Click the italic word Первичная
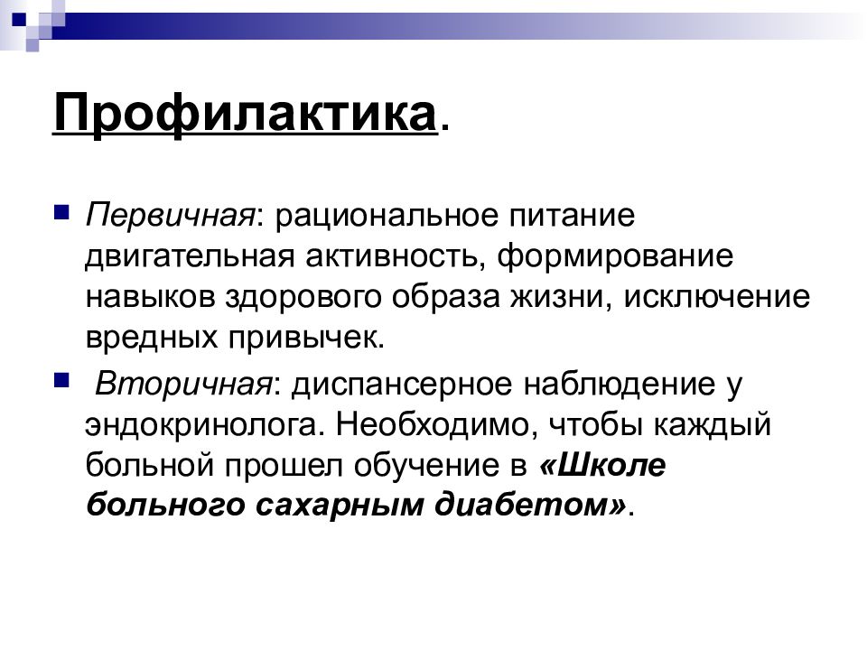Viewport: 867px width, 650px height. coord(169,217)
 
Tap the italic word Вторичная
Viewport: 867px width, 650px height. coord(184,385)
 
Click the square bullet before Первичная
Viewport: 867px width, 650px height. coord(62,213)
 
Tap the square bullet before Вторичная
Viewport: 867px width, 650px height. coord(62,381)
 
